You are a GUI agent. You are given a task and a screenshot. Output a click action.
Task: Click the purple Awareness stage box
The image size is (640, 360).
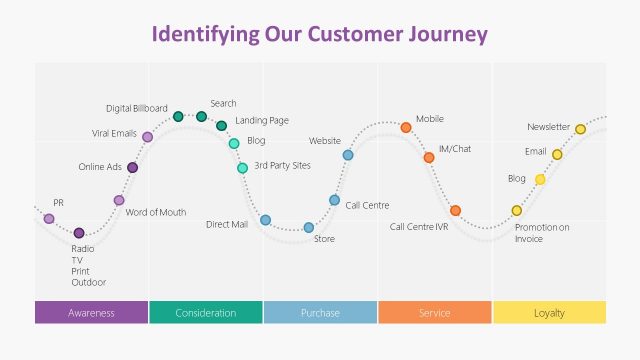click(x=91, y=313)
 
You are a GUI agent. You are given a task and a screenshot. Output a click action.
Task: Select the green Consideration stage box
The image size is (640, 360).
click(x=206, y=313)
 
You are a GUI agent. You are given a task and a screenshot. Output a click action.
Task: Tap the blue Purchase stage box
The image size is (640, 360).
click(x=320, y=313)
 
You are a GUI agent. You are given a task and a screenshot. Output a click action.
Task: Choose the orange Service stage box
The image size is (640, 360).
click(x=435, y=313)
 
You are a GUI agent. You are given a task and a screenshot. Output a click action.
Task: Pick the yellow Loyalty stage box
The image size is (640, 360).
click(x=549, y=313)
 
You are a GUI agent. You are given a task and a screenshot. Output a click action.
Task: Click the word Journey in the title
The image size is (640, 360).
click(x=447, y=34)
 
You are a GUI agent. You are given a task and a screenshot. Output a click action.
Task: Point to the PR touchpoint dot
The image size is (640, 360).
click(x=49, y=218)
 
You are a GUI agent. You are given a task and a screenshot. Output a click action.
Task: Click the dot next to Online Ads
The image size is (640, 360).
click(x=132, y=167)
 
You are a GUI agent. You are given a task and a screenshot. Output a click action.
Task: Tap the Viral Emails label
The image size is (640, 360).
click(x=114, y=133)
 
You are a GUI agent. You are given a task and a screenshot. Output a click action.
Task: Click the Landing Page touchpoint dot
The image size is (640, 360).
click(x=221, y=125)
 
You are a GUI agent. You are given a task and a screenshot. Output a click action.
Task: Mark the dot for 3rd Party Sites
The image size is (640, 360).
click(x=242, y=167)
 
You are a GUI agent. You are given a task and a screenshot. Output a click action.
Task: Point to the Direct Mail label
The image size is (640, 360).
click(x=226, y=225)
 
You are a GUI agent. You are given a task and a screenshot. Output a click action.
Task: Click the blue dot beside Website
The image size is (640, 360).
click(x=348, y=155)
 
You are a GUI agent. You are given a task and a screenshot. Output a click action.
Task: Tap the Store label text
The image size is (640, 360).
click(x=324, y=239)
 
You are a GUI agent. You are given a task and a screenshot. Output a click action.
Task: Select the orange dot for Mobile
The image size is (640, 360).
click(x=406, y=127)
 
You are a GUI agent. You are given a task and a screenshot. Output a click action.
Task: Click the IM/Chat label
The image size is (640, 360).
click(x=454, y=149)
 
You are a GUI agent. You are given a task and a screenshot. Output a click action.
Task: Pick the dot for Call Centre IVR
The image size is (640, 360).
click(x=455, y=210)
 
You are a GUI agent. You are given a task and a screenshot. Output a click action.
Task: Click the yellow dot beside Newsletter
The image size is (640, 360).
click(x=580, y=129)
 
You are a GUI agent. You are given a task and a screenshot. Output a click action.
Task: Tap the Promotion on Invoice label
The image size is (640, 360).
click(x=541, y=233)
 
